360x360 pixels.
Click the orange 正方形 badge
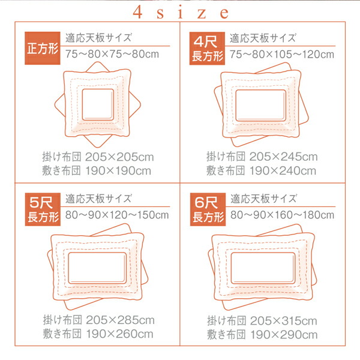coord(43,48)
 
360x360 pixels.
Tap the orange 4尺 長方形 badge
coord(207,49)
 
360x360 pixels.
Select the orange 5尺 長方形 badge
coord(43,209)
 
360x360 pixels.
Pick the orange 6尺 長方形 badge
coord(208,209)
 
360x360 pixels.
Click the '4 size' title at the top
coord(181,13)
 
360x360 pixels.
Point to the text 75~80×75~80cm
coord(112,54)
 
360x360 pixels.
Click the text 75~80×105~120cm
coord(282,55)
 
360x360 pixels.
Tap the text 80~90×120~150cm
coord(117,215)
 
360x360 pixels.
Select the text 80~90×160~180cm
coord(283,215)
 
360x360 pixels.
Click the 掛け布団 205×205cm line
coord(98,157)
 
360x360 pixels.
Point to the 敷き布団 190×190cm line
coord(97,170)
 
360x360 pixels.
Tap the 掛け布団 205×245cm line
coord(262,157)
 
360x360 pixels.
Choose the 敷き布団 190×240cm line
coord(261,170)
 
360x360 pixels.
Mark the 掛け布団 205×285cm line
coord(99,320)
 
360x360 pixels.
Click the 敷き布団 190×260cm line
coord(98,334)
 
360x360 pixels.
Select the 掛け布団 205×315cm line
coord(262,320)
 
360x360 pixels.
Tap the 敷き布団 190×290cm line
coord(262,335)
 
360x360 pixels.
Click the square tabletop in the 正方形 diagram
coord(98,104)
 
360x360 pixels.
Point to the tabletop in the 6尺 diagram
coord(263,268)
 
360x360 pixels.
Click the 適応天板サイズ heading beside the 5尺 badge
coord(99,199)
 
